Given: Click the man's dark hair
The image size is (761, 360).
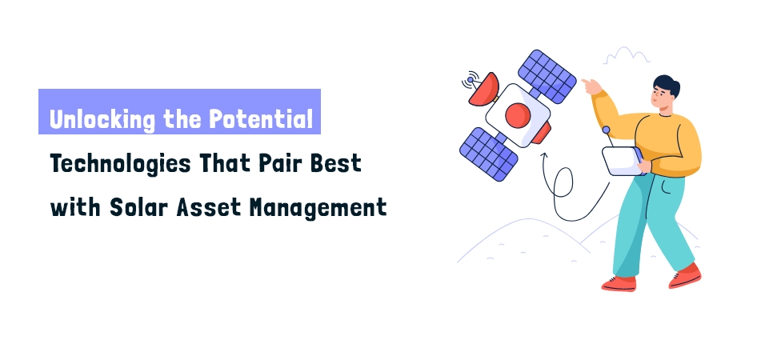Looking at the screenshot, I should (666, 85).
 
